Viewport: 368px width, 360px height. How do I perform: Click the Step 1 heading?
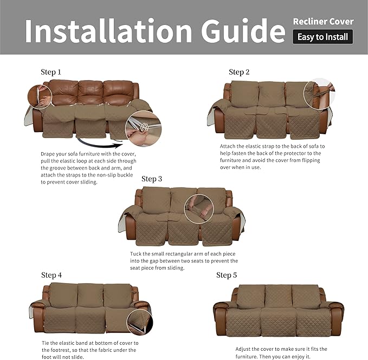click(51, 72)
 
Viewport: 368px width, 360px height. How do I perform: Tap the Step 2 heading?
click(239, 72)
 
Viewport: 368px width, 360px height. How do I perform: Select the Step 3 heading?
click(152, 179)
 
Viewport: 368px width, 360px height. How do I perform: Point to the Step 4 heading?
click(51, 275)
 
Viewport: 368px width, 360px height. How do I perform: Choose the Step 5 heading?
click(227, 275)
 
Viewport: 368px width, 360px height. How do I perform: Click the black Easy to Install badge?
click(322, 37)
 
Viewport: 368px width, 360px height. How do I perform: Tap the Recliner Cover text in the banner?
click(323, 22)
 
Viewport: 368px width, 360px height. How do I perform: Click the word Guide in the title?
click(243, 30)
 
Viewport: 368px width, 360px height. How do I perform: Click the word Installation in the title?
click(108, 31)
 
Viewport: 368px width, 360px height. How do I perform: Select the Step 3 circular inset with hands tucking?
click(199, 208)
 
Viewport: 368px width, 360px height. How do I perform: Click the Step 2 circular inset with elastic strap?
click(319, 94)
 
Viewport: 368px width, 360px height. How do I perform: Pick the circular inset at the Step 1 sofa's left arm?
click(40, 96)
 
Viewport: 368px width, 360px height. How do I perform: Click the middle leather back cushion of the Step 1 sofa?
click(91, 93)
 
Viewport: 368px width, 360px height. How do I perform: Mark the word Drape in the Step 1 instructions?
click(47, 154)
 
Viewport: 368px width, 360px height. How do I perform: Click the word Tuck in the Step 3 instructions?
click(135, 254)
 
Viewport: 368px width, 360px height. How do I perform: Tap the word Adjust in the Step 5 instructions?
click(243, 349)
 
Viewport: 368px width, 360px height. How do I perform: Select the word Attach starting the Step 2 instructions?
click(228, 146)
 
